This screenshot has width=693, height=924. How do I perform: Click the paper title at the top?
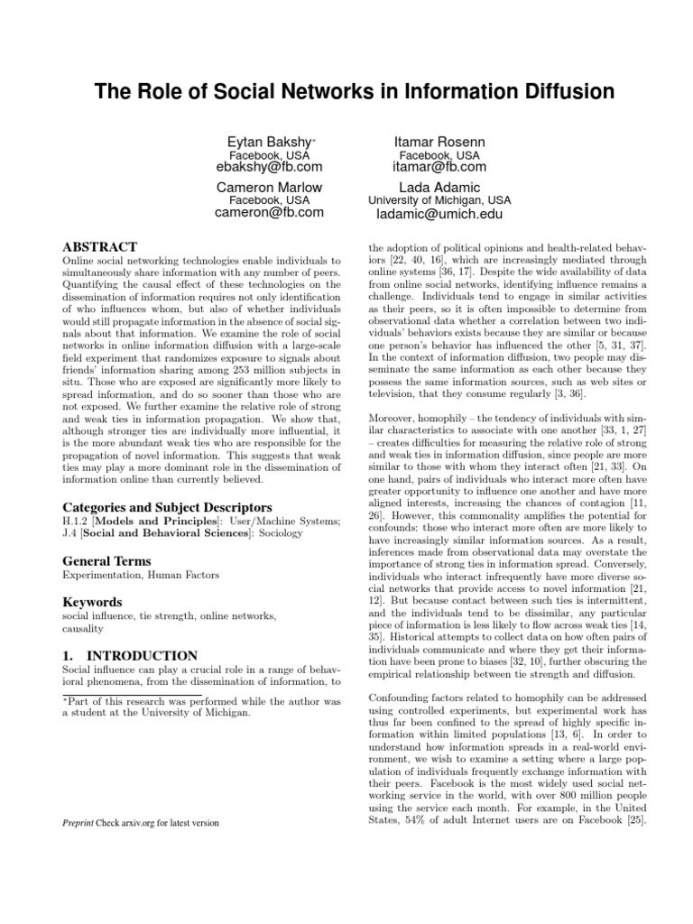[x=346, y=91]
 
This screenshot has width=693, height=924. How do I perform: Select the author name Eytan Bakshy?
[x=267, y=143]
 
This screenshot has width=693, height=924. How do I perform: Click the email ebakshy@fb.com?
[x=269, y=167]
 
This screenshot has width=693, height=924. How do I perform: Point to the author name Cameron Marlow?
[x=269, y=188]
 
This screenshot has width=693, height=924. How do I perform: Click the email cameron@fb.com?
[x=269, y=213]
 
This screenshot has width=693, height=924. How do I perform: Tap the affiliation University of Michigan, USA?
[x=439, y=200]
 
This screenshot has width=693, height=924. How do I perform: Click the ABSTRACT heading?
[x=99, y=246]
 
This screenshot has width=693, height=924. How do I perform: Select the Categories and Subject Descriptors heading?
[x=154, y=508]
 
